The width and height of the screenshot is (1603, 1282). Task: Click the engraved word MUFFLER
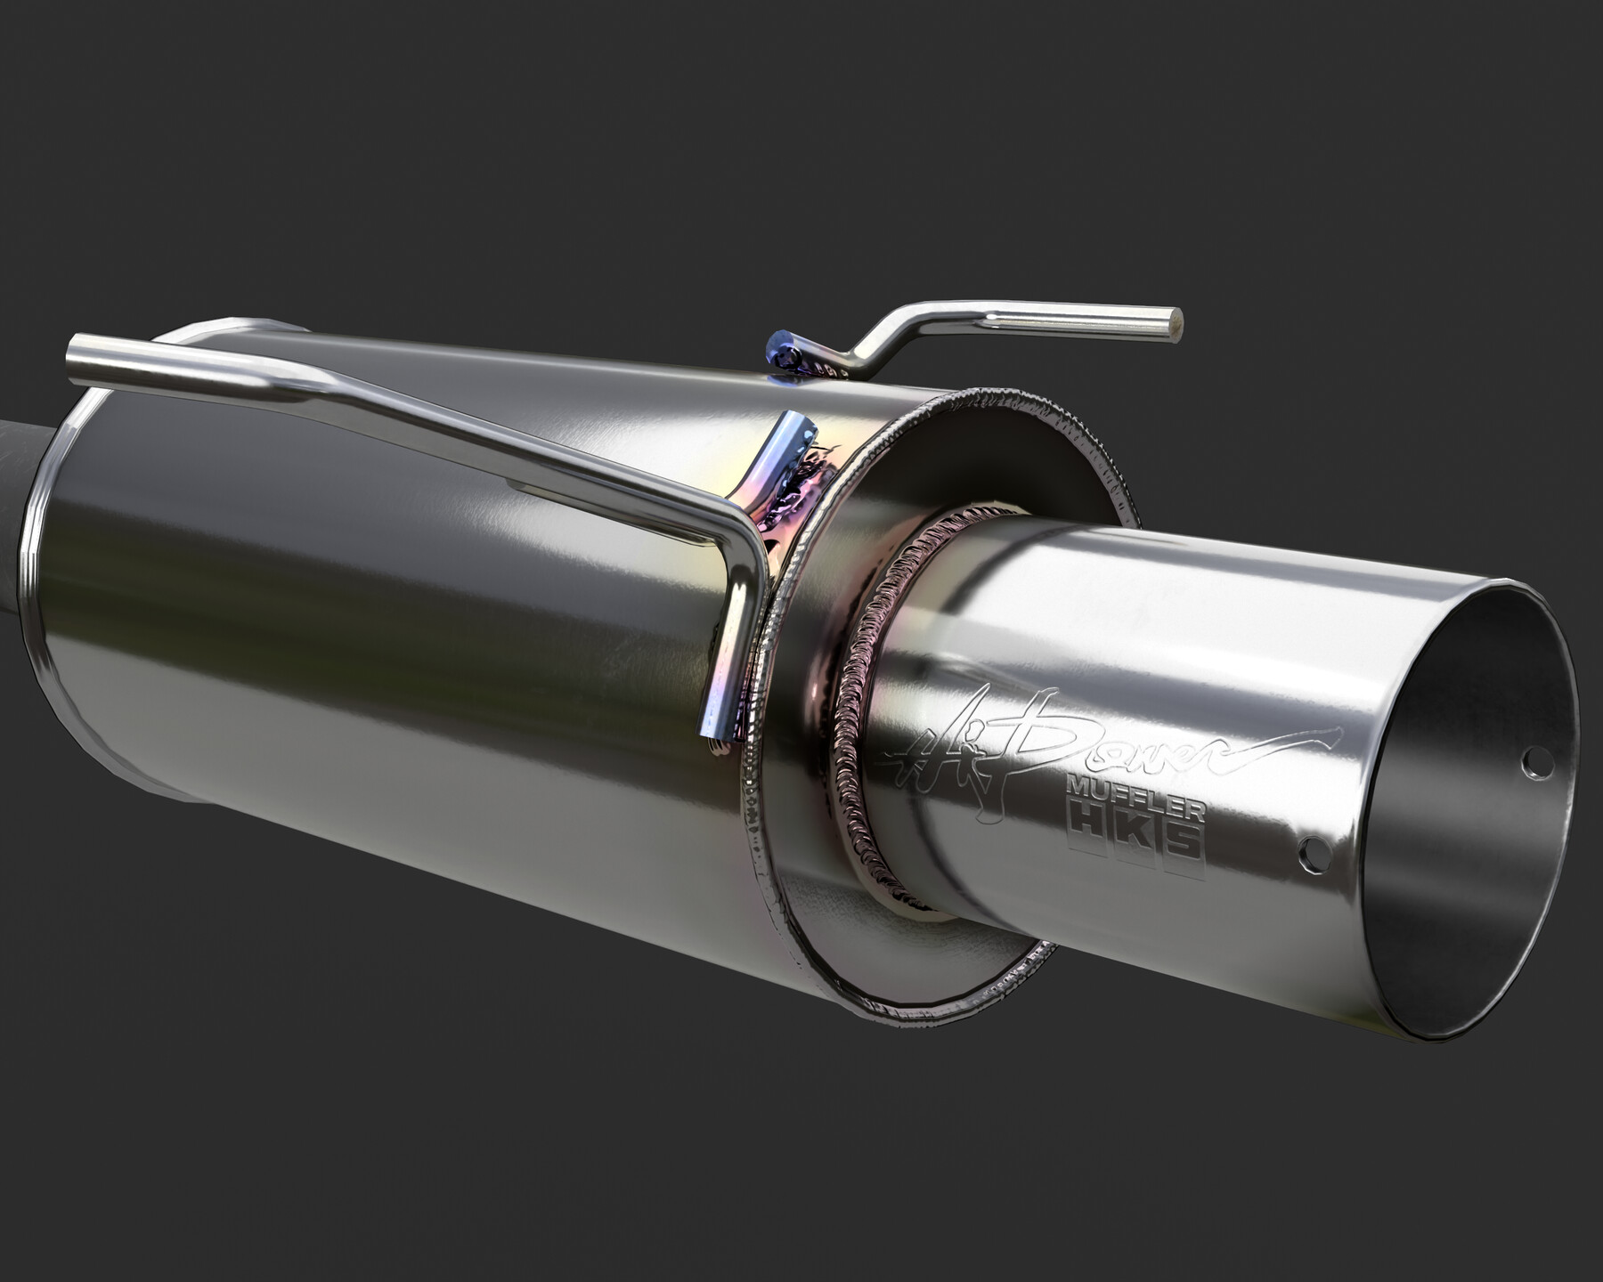tap(1136, 798)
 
